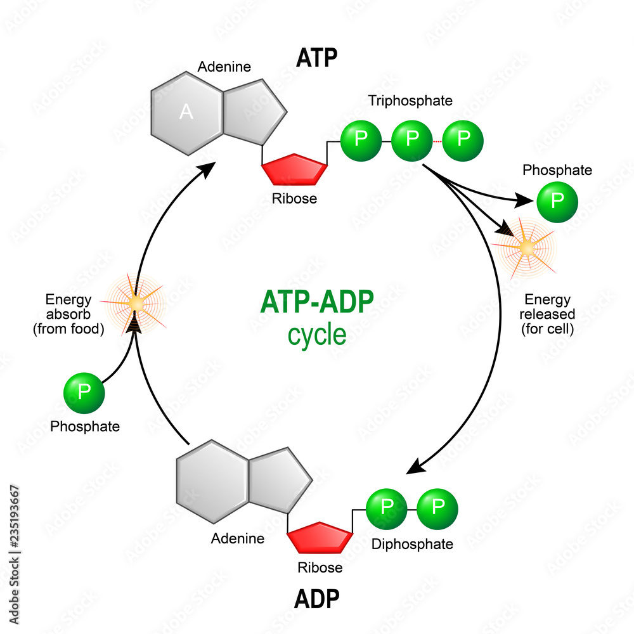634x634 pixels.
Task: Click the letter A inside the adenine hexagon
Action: click(x=186, y=112)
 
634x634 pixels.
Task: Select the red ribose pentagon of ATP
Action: click(x=295, y=170)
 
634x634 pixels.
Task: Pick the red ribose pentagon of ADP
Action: click(x=320, y=538)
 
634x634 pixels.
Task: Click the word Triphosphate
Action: click(x=410, y=100)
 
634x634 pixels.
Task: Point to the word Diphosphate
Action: click(x=412, y=544)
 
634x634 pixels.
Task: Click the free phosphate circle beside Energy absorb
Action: click(x=84, y=393)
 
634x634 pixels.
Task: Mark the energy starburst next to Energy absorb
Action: click(x=135, y=304)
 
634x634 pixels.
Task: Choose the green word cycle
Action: click(x=317, y=334)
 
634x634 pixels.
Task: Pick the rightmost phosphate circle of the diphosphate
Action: click(x=437, y=507)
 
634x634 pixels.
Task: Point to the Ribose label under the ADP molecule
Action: click(x=320, y=567)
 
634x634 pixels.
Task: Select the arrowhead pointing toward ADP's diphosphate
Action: click(x=415, y=468)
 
